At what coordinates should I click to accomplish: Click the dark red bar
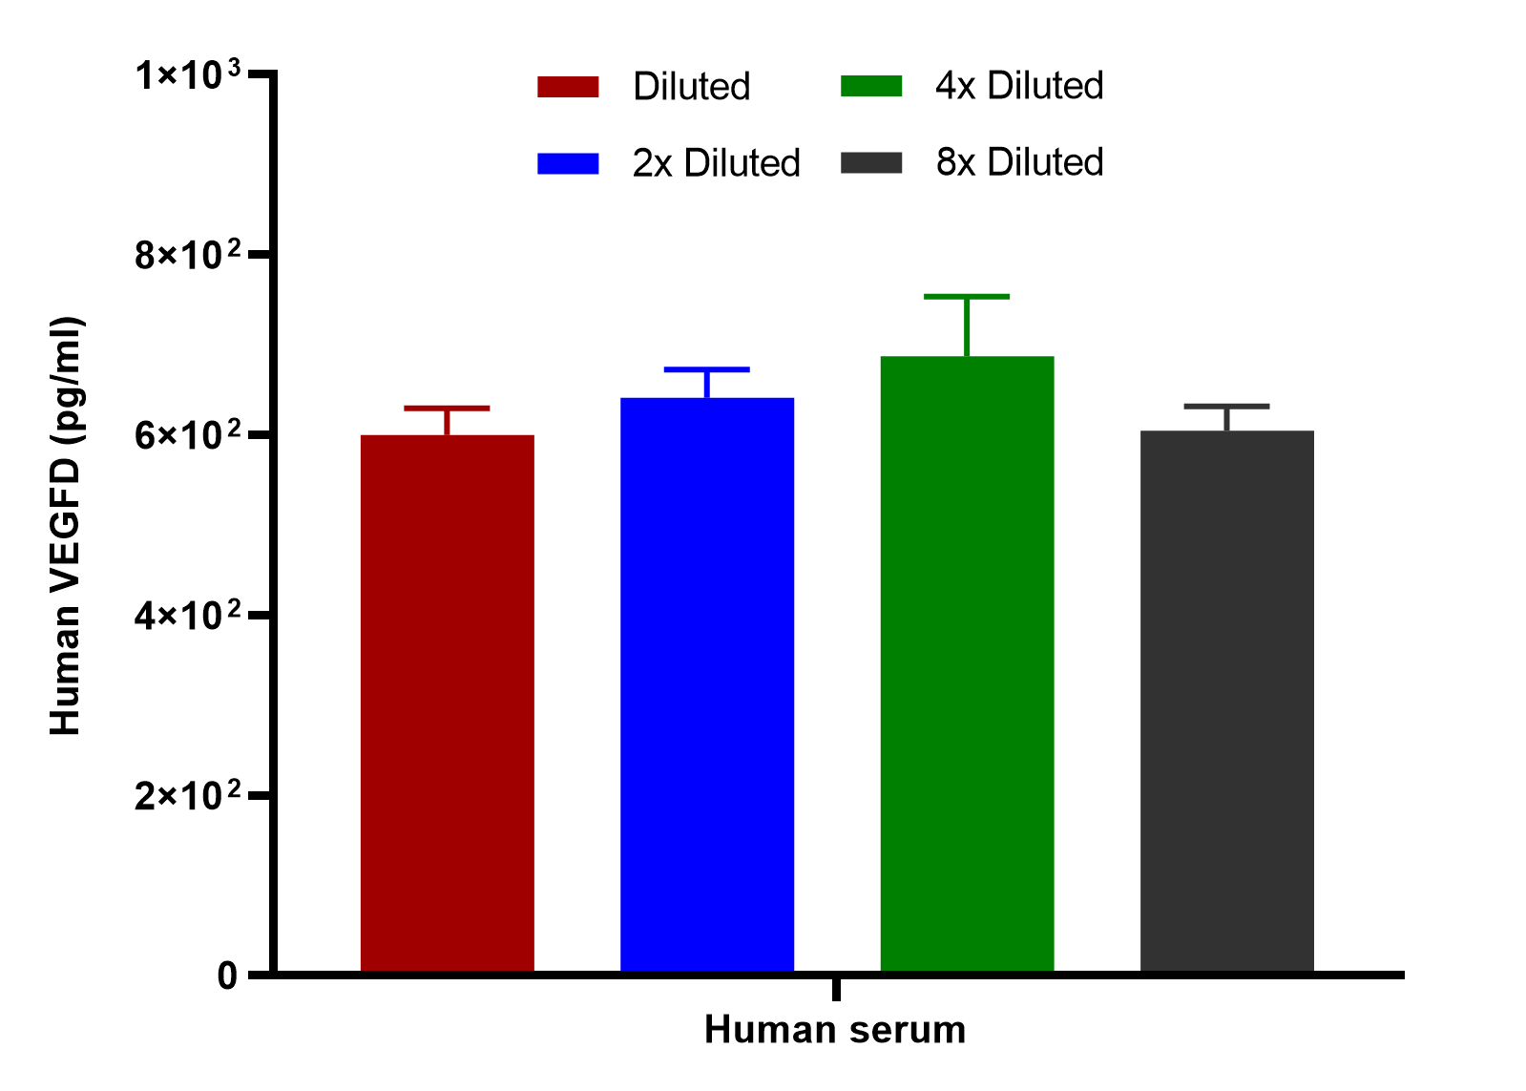click(447, 703)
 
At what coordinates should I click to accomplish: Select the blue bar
click(707, 684)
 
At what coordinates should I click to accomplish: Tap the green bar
click(968, 663)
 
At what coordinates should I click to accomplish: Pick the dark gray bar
click(1227, 701)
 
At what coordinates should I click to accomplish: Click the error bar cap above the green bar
click(967, 297)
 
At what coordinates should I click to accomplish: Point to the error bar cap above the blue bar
click(707, 369)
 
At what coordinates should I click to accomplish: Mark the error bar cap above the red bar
click(447, 409)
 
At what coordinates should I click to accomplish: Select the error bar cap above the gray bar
click(1227, 407)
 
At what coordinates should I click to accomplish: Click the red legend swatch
click(568, 87)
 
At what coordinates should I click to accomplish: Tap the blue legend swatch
click(568, 163)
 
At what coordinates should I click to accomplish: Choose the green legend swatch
click(871, 86)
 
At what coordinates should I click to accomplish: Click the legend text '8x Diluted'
click(1020, 162)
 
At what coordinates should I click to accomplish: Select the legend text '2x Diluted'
click(716, 163)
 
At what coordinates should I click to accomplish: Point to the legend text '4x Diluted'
click(1020, 86)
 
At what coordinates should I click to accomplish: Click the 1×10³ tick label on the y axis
click(188, 74)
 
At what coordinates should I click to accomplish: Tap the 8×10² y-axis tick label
click(188, 255)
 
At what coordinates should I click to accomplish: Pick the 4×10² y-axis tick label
click(188, 616)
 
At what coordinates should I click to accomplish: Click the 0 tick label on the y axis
click(227, 976)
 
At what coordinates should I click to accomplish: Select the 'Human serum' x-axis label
click(835, 1030)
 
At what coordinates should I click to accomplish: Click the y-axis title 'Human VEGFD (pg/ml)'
click(66, 526)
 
